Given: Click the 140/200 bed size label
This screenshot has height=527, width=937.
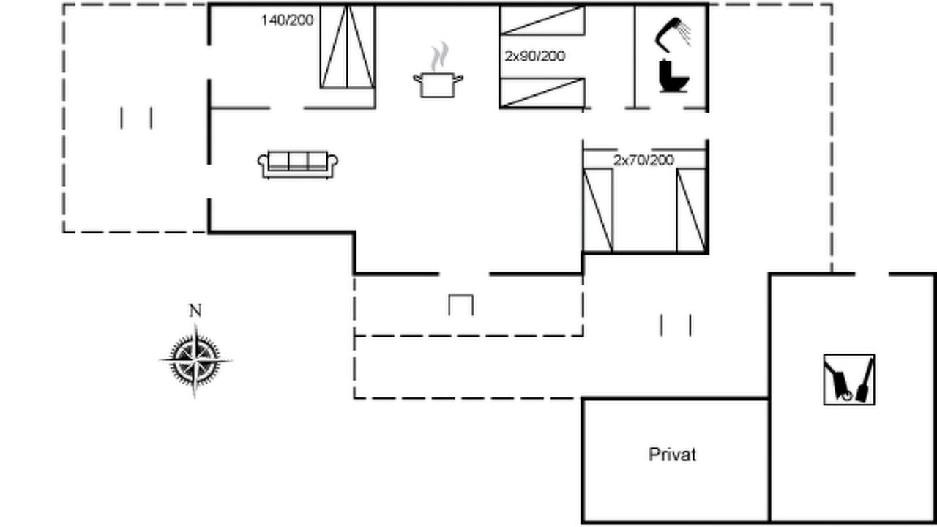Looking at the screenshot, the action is (288, 20).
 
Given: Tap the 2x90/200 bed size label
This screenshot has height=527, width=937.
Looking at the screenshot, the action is (535, 56).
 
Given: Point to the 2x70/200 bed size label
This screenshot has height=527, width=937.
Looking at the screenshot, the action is (643, 160).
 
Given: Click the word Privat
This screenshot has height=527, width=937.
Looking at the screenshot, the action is (672, 455).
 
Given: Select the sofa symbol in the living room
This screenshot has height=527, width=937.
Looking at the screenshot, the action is (298, 165).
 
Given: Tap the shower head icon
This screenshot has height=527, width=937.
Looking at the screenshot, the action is (673, 34).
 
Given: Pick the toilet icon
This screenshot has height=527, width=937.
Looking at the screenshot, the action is (673, 75).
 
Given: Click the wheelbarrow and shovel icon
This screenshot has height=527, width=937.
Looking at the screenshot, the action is (849, 380).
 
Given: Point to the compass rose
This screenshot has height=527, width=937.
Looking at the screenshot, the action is (195, 360).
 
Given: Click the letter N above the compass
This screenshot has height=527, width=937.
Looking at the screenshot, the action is (195, 311).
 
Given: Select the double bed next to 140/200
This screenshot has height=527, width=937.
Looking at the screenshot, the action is (347, 46).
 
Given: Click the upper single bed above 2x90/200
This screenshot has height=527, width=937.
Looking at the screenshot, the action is (542, 20).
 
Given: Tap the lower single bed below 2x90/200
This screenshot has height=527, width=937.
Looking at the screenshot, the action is (542, 93).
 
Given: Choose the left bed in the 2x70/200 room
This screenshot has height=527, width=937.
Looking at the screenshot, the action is (598, 210).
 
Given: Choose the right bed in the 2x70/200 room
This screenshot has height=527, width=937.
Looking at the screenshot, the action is (691, 210).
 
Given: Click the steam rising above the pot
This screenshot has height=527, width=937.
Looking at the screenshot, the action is (439, 56).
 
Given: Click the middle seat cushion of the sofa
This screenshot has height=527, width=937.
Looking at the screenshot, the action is (298, 161).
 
